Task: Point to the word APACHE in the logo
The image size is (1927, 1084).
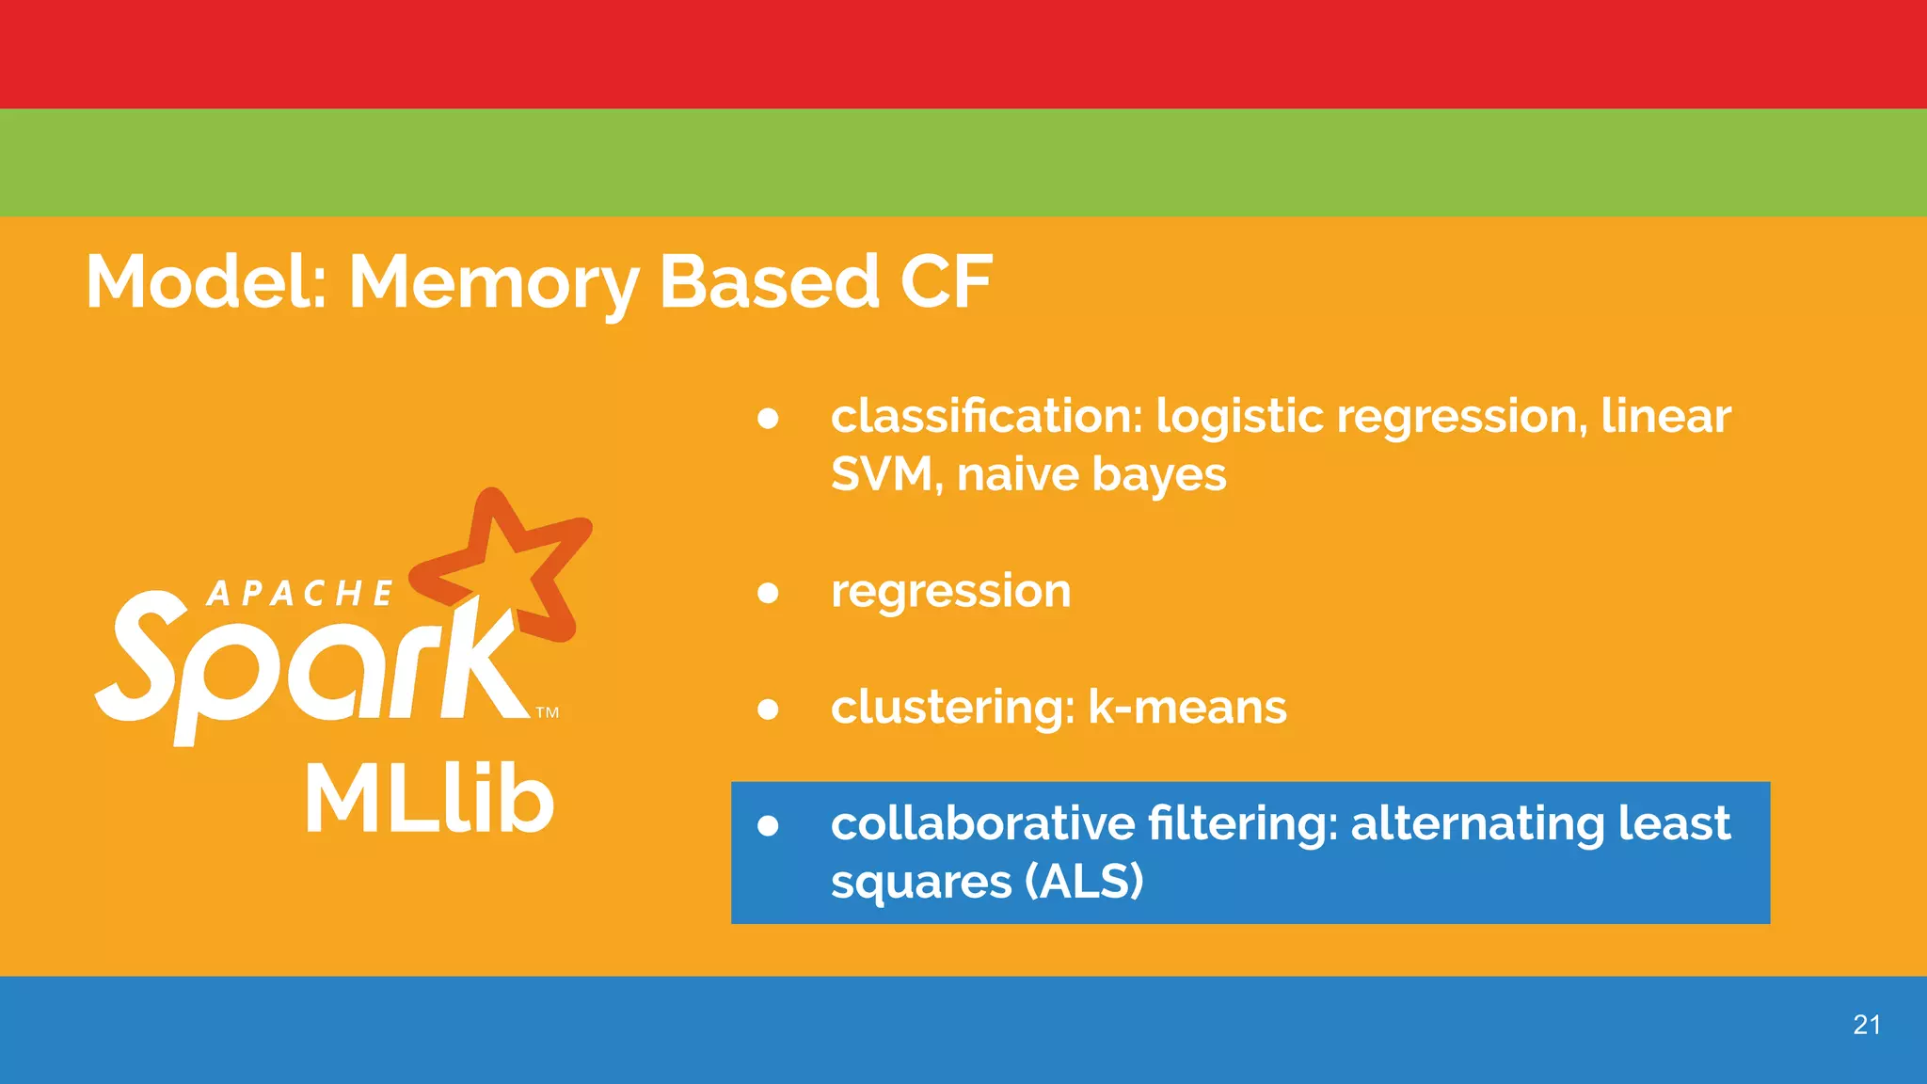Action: tap(300, 594)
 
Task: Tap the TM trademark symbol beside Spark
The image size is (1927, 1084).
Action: tap(548, 712)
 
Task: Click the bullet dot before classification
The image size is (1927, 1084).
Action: tap(768, 418)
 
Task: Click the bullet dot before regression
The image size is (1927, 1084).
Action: tap(768, 593)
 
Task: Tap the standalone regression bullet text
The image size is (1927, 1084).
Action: tap(950, 591)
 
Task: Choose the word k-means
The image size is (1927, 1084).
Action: tap(1186, 707)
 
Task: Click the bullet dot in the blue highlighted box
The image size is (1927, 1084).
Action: tap(768, 825)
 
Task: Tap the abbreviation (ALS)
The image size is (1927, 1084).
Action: tap(1083, 882)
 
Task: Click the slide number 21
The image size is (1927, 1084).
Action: tap(1867, 1025)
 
